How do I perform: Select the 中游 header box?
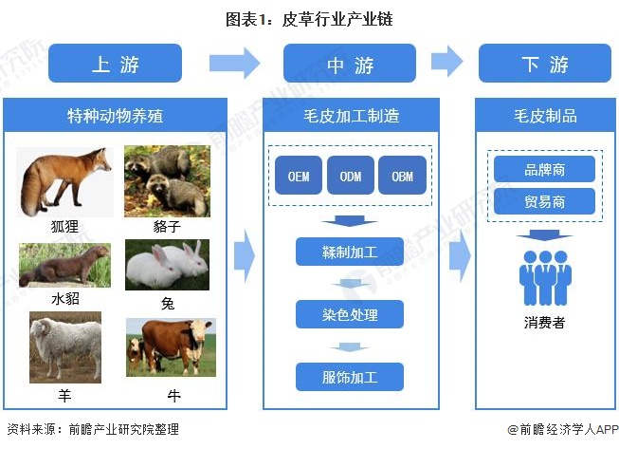point(350,64)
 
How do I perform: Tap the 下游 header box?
point(544,64)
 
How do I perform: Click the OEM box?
point(299,176)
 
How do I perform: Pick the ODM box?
point(350,176)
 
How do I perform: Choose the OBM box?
point(402,176)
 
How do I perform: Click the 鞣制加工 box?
point(350,252)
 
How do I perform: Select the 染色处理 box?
point(350,314)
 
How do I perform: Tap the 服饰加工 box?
point(350,377)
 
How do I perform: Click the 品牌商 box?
point(544,169)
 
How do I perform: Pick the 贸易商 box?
point(544,201)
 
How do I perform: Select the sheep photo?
point(64,349)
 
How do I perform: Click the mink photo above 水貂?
point(64,266)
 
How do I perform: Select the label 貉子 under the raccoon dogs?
point(167,228)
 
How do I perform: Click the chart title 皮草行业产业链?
point(309,18)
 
